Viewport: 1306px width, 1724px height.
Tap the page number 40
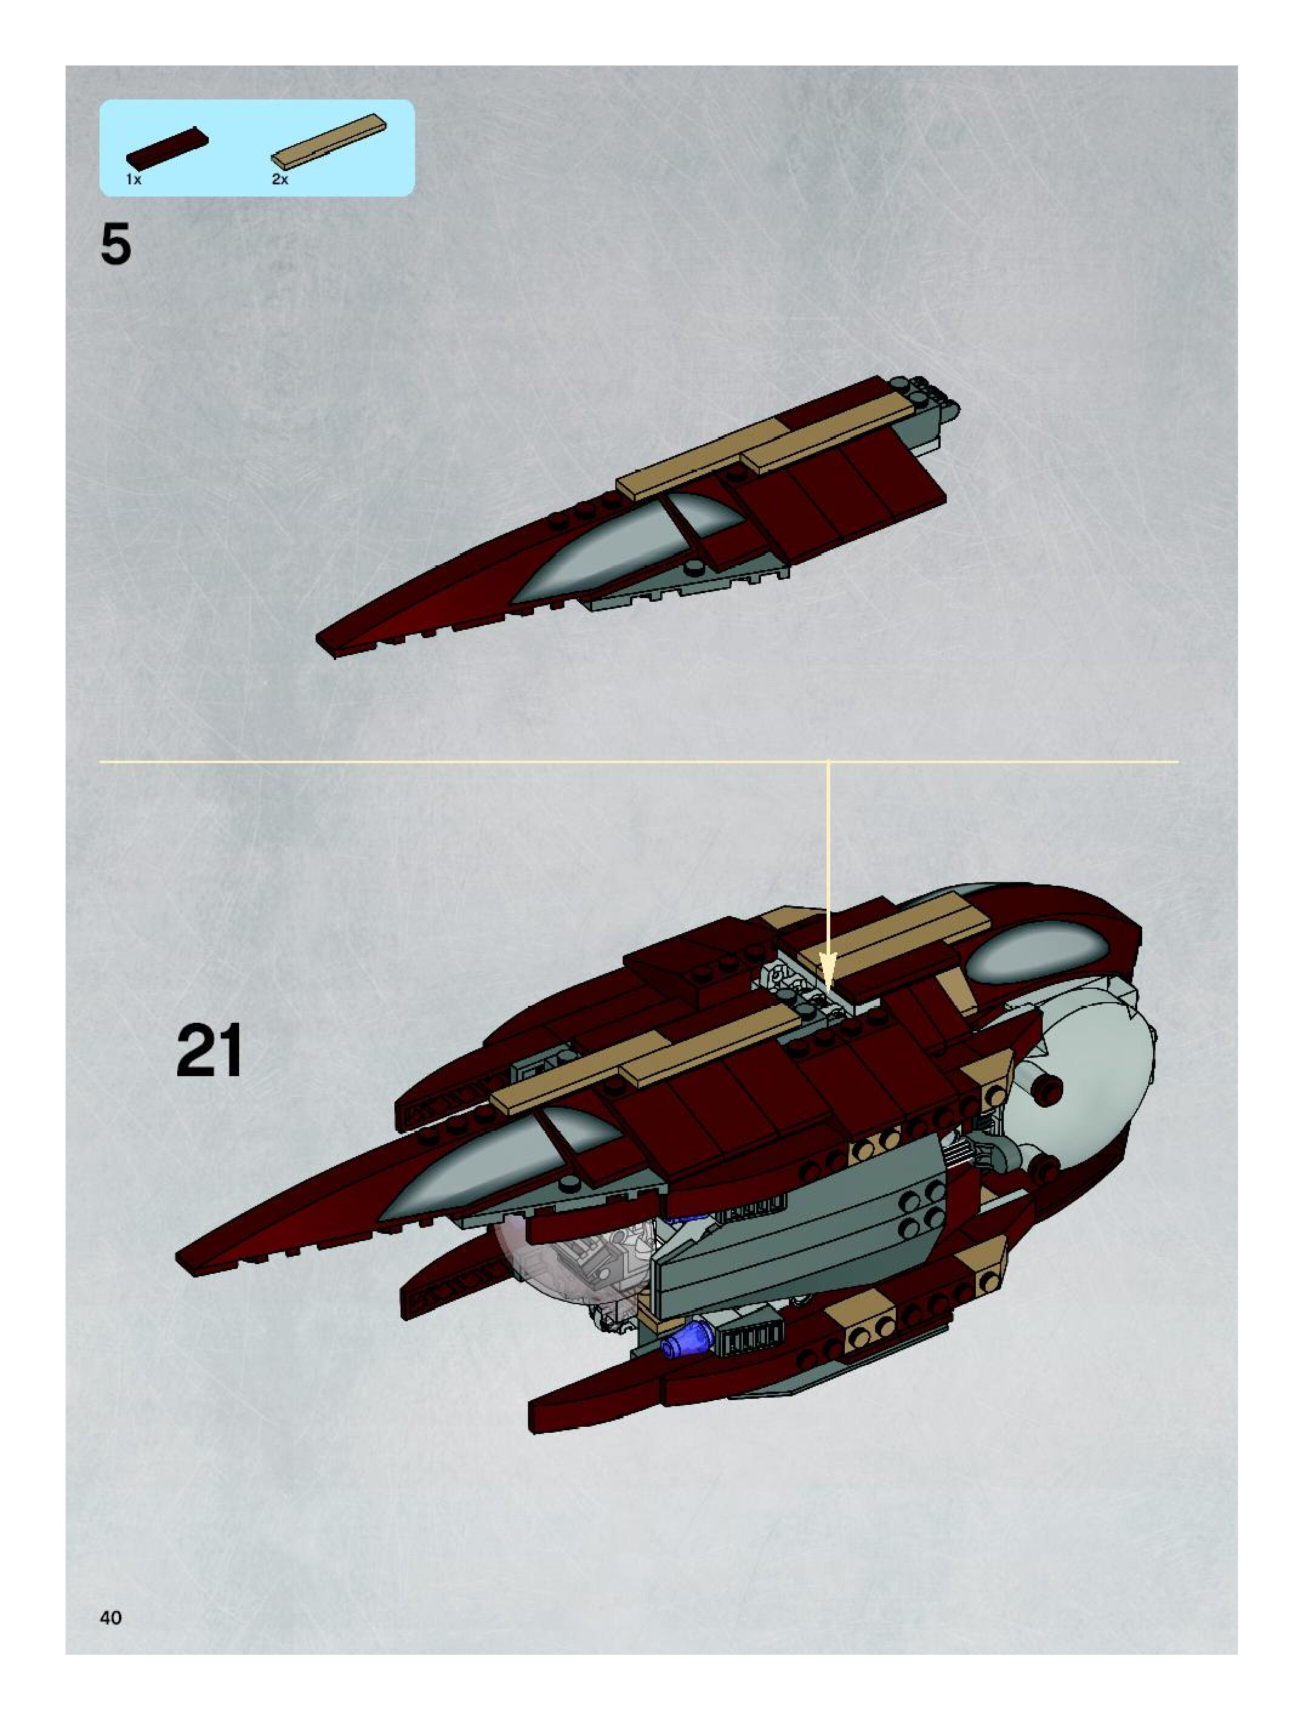(x=110, y=1617)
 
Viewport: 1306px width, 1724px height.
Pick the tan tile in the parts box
(x=328, y=140)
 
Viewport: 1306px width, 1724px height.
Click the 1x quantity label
(x=134, y=180)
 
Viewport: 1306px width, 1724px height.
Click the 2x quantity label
(x=280, y=180)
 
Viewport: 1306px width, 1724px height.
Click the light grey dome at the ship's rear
(x=1092, y=1091)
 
